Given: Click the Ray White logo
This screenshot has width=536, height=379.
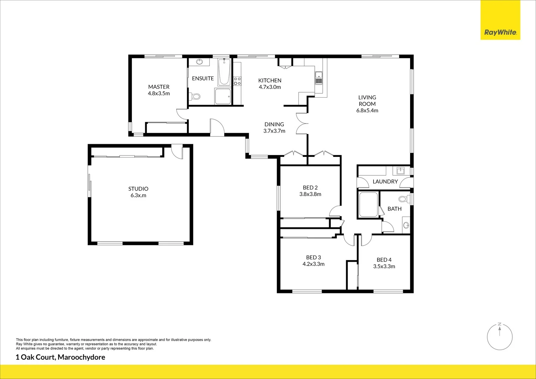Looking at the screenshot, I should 500,32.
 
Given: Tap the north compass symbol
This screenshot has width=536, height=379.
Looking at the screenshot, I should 500,337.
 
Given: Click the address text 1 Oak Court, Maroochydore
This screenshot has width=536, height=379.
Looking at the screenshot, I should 60,358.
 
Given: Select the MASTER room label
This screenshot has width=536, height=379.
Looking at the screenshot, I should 159,87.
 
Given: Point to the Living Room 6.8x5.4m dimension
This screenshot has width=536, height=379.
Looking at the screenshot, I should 367,111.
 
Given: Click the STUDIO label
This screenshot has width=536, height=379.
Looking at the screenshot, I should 138,189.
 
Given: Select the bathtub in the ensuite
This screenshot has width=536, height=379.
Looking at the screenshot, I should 224,72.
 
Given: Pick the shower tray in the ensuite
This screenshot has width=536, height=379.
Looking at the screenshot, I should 223,96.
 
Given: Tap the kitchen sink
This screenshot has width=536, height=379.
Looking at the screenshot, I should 319,78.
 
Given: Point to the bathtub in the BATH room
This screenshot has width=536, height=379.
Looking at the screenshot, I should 368,205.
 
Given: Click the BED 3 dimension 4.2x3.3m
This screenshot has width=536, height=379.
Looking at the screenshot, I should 313,264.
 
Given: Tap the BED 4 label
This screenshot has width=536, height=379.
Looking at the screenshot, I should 384,260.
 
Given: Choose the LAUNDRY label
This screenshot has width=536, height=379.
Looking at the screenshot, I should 385,181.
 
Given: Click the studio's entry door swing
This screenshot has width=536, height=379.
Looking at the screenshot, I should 176,151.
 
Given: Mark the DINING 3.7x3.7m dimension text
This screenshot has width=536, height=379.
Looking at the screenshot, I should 274,131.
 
